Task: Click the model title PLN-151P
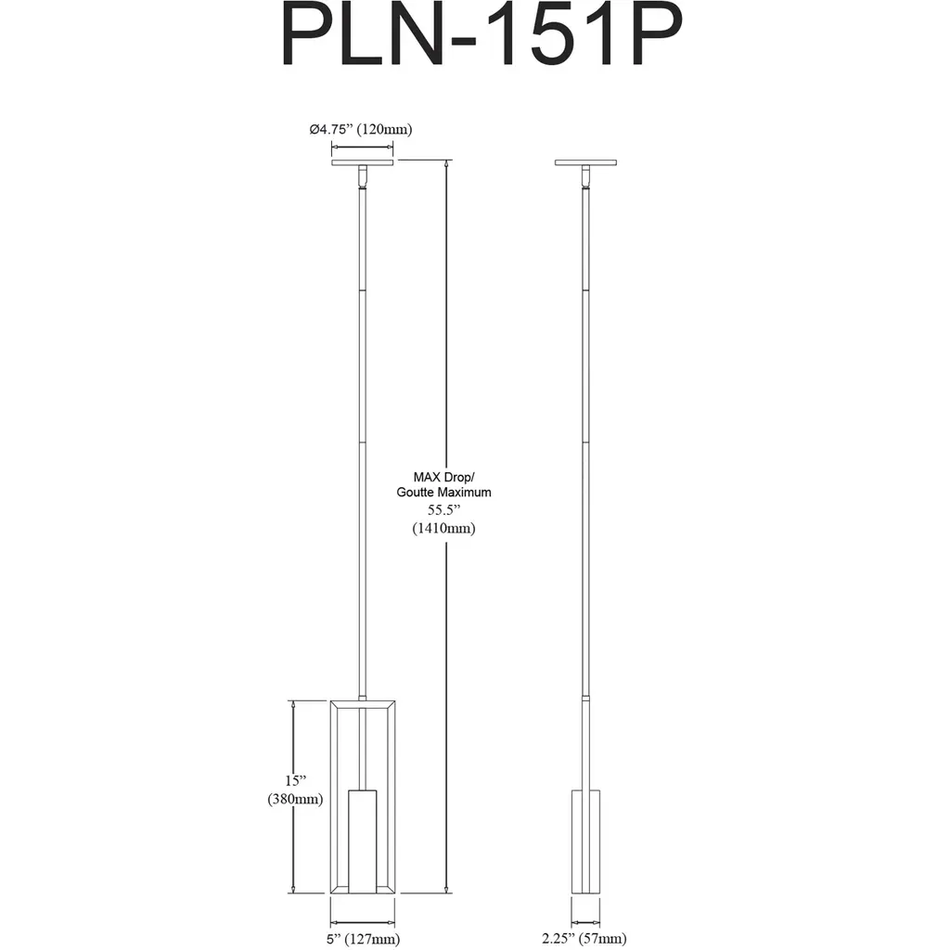tap(482, 36)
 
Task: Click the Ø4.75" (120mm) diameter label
tap(361, 129)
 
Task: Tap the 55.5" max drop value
tap(444, 510)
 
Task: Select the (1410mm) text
tap(444, 528)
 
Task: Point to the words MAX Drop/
tap(444, 478)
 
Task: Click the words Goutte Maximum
tap(444, 493)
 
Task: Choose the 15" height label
tap(296, 780)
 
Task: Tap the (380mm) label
tap(295, 799)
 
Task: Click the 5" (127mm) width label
tap(363, 939)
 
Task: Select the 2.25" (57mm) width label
tap(584, 939)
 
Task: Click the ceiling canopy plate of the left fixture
tap(363, 162)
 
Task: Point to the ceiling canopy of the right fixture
tap(586, 162)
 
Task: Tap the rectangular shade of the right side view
tap(586, 841)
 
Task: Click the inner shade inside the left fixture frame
tap(363, 841)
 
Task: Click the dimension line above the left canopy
tap(363, 147)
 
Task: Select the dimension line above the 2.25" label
tap(586, 923)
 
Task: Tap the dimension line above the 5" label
tap(363, 923)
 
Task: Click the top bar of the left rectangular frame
tap(363, 704)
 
